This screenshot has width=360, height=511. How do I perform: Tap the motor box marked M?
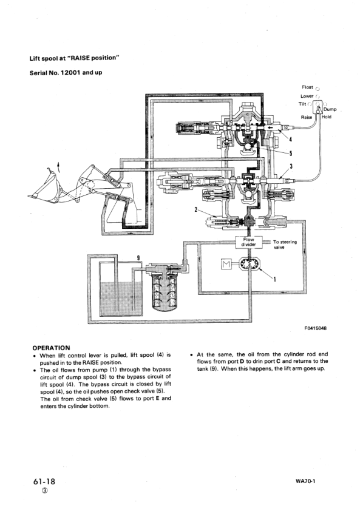(x=228, y=265)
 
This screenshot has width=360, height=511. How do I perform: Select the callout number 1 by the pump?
(x=274, y=279)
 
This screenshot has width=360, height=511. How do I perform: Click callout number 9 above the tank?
(x=138, y=257)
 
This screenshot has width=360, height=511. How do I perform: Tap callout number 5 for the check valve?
(x=290, y=154)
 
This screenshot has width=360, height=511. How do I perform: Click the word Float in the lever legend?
(x=307, y=87)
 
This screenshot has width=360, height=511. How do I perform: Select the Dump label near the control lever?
(x=330, y=109)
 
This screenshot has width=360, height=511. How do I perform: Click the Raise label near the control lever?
(x=307, y=117)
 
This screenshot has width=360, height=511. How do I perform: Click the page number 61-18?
(x=45, y=481)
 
